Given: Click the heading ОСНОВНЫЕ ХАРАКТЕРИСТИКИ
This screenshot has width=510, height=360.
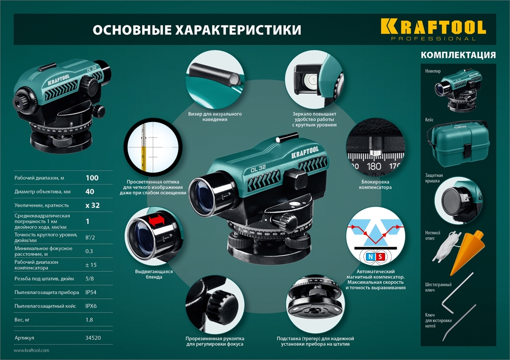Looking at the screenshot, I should point(196,30).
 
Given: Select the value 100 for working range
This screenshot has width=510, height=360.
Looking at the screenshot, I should point(92,178).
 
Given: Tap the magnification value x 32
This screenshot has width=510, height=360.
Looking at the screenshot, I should point(92,205).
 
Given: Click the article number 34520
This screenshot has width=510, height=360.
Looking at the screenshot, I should point(92,338).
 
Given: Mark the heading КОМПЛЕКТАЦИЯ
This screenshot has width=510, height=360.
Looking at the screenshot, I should point(458,55).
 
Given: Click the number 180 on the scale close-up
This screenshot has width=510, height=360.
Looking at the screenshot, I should point(374,166).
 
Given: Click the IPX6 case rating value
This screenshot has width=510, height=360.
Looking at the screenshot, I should point(91,306).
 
